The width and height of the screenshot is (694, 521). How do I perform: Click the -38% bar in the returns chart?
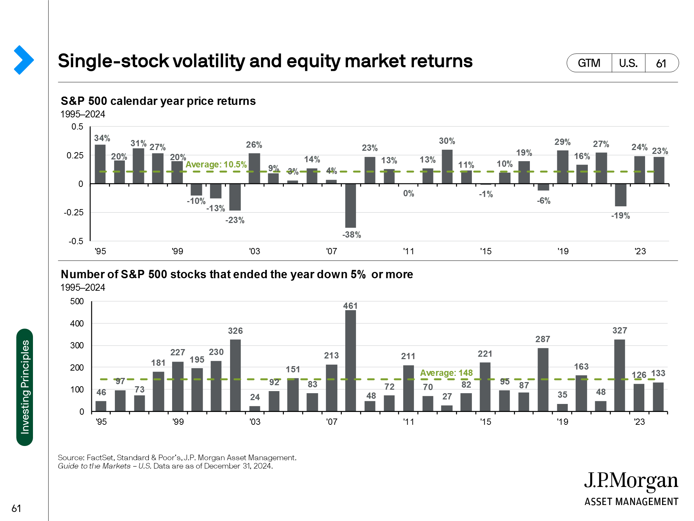click(x=350, y=206)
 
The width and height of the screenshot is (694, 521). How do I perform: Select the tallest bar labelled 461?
click(x=350, y=361)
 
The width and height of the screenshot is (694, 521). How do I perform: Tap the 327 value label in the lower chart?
click(x=620, y=330)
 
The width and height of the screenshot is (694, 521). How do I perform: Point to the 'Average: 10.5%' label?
click(x=216, y=164)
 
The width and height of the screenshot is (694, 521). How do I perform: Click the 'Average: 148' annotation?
click(x=447, y=373)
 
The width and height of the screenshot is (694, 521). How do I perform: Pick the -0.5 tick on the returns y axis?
click(x=76, y=241)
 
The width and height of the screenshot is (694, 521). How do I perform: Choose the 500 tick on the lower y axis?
click(x=77, y=301)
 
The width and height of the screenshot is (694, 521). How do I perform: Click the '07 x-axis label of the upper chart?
click(x=331, y=251)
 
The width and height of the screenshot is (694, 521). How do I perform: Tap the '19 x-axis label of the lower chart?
click(x=562, y=422)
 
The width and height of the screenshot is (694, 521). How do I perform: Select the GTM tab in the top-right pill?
click(x=589, y=63)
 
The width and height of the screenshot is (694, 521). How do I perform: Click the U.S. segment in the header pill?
click(x=628, y=63)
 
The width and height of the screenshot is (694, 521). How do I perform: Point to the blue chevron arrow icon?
click(x=24, y=60)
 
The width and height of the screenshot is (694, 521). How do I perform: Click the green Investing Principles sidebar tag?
click(x=25, y=387)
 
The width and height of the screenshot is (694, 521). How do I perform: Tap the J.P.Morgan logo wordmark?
click(x=631, y=481)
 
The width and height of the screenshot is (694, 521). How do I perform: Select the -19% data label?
click(x=620, y=216)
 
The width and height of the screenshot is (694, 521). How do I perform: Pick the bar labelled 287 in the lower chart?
click(x=543, y=380)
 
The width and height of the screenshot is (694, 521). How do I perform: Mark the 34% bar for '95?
click(x=100, y=164)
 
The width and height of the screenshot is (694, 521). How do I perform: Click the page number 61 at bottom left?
click(x=16, y=508)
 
